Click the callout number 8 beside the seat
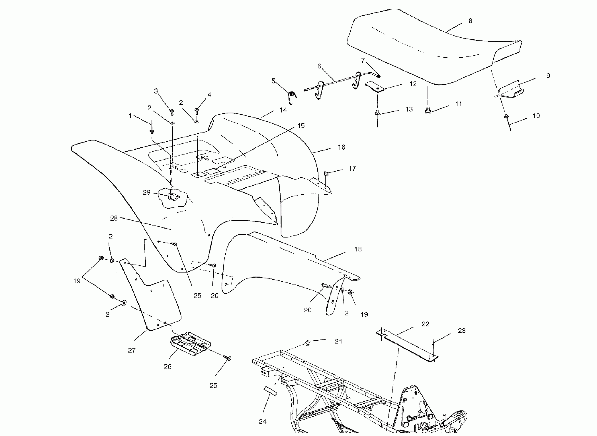(x=470, y=21)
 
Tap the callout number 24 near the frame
(x=263, y=421)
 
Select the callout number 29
(x=146, y=192)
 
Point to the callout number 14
(x=283, y=110)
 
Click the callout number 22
(x=425, y=324)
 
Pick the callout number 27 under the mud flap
(x=132, y=350)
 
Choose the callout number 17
(x=352, y=169)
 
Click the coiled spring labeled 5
(x=292, y=96)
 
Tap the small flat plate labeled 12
(x=375, y=87)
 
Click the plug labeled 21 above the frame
(x=307, y=343)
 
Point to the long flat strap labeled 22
(x=407, y=345)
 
